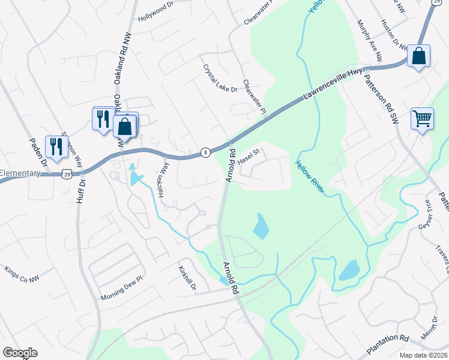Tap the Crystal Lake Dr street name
click(220, 79)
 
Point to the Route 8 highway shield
click(205, 152)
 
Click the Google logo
click(20, 353)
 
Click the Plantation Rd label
click(387, 346)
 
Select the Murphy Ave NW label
click(370, 40)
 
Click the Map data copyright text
click(423, 355)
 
